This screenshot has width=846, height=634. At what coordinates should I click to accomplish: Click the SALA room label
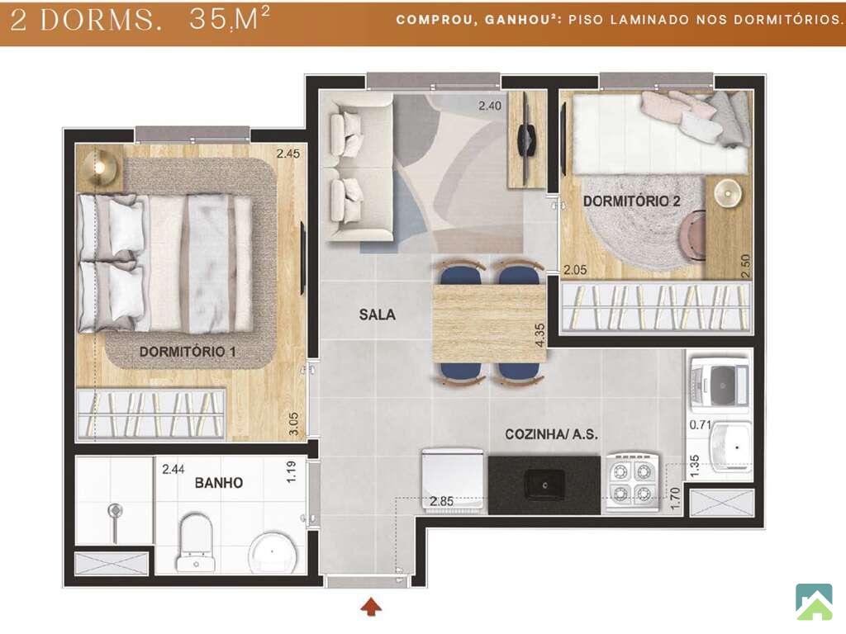377,315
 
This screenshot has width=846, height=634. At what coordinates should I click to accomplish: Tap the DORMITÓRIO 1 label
188,352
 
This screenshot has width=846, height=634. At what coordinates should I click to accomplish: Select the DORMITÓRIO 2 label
631,201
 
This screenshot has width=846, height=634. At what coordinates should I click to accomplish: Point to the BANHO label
218,482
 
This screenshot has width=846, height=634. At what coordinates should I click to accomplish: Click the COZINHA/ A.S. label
551,434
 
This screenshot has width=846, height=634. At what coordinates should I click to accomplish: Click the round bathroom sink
273,552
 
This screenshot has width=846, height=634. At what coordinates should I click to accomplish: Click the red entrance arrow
371,606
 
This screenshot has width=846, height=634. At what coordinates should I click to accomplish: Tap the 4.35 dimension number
539,335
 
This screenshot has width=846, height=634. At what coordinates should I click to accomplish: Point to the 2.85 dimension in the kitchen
441,501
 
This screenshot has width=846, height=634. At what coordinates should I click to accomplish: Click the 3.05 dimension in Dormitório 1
293,423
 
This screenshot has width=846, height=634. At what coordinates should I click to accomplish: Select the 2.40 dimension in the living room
490,106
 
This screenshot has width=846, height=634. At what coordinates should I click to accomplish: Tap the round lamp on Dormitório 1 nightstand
99,167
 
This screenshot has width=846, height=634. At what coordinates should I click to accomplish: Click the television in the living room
527,139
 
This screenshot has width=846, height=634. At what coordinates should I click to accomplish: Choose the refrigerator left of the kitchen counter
452,480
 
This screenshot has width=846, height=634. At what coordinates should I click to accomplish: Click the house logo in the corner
814,602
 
